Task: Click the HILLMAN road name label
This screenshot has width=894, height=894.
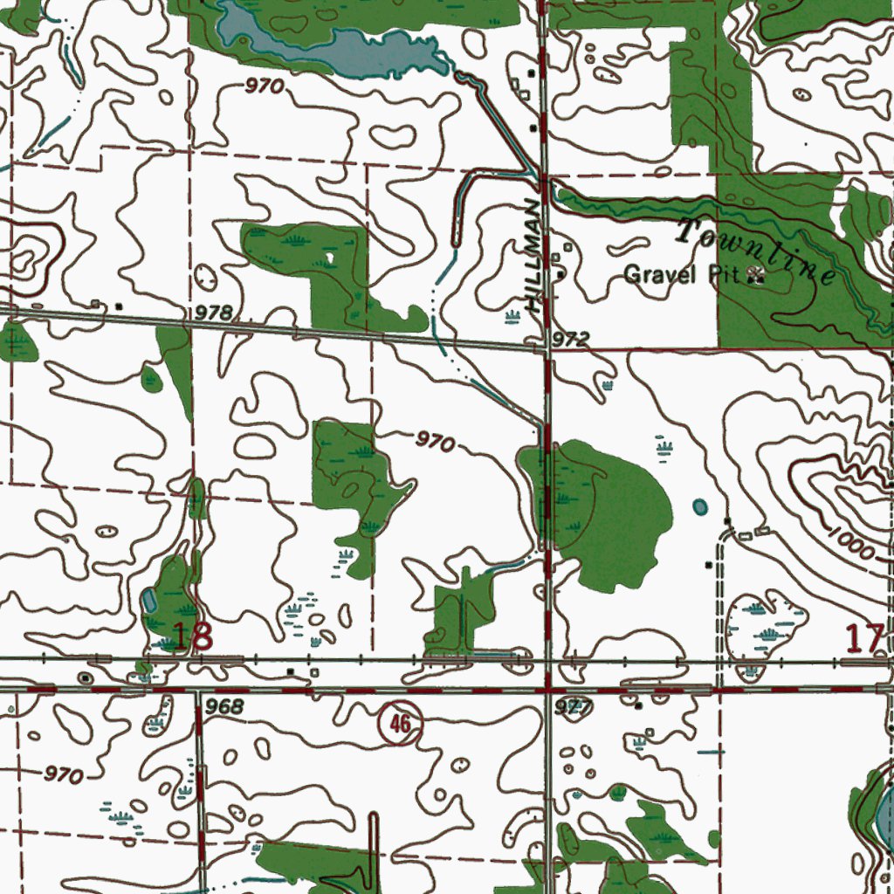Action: tap(533, 256)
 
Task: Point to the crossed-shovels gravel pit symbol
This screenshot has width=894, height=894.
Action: tap(756, 277)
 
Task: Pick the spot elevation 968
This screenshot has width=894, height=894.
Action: tap(226, 705)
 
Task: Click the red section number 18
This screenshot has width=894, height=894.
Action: tap(192, 636)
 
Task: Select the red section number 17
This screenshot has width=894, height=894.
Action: tap(866, 638)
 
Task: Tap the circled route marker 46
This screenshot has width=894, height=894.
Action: tap(400, 723)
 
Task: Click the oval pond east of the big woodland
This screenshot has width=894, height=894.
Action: tap(700, 506)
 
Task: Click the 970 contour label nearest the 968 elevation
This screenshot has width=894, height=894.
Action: tap(63, 774)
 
